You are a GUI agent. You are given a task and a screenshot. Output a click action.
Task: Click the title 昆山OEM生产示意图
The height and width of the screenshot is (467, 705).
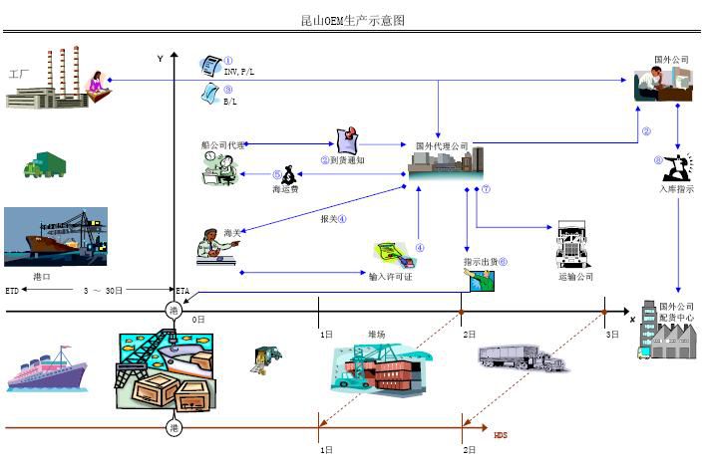353,20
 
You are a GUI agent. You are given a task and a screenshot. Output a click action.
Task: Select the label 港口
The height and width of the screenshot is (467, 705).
42,276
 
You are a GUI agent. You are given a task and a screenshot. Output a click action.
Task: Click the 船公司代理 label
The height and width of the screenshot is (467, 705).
222,145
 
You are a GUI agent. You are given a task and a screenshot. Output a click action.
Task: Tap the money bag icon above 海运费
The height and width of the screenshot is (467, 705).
288,172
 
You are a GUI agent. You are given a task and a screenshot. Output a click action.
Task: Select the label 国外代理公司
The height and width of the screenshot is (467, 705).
442,146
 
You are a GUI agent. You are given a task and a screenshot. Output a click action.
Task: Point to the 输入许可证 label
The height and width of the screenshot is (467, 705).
390,276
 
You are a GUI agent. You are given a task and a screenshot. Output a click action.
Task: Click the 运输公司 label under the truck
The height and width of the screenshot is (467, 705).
574,276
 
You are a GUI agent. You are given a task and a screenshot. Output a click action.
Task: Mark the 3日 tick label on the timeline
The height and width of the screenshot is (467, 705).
612,334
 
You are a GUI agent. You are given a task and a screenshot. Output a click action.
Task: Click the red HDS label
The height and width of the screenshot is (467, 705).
501,434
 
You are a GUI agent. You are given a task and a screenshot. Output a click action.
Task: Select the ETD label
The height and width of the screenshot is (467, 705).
12,291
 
